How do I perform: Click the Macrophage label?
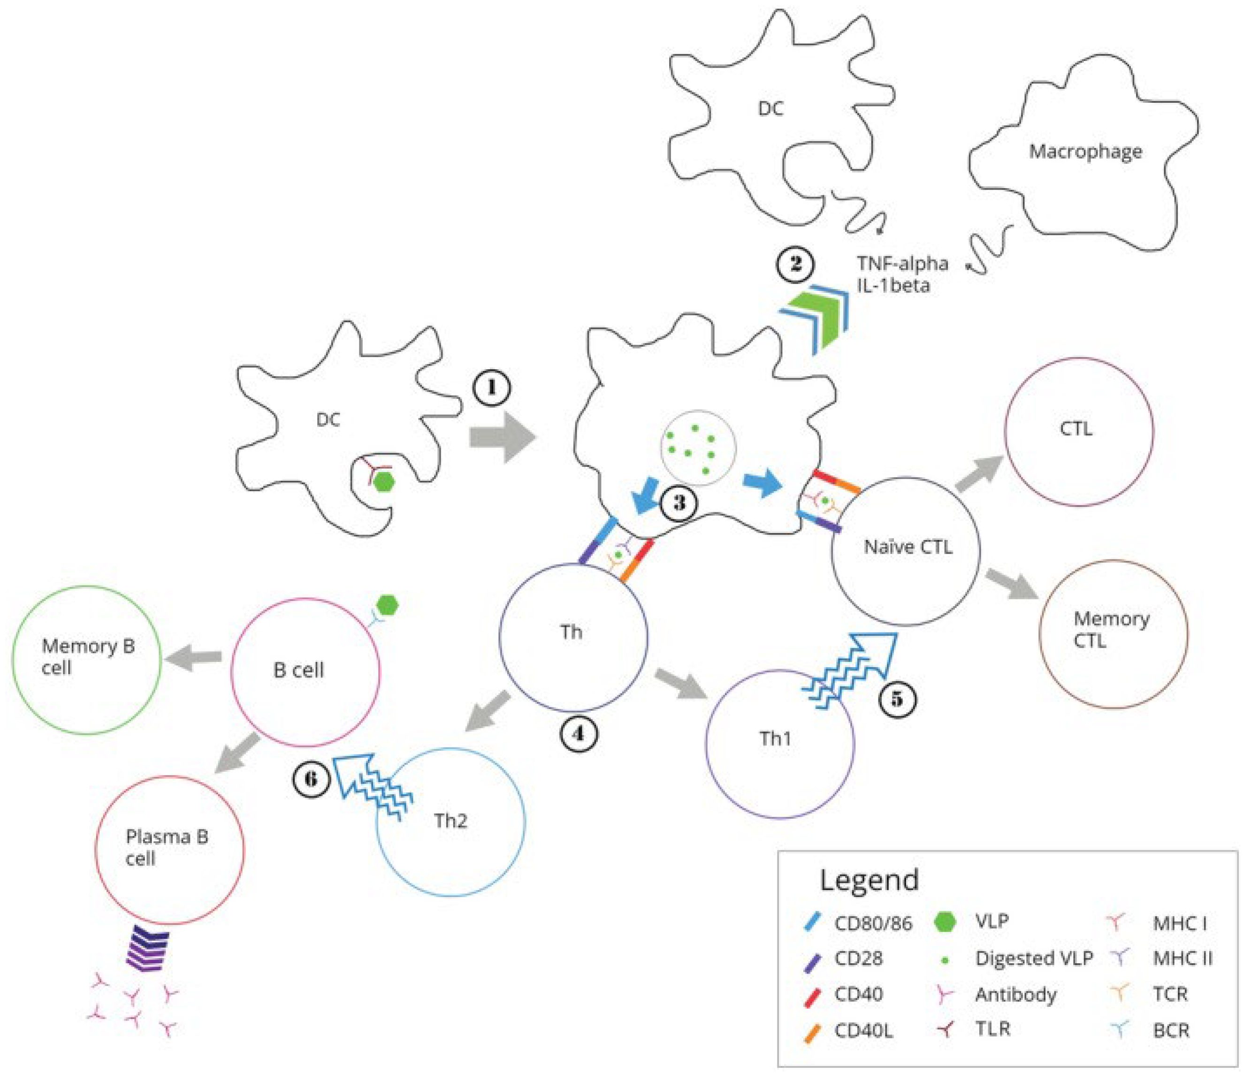click(x=1085, y=151)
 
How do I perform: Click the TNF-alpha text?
click(x=902, y=264)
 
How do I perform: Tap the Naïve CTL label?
click(x=907, y=547)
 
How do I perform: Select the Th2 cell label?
click(x=450, y=821)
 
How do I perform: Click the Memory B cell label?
click(x=88, y=657)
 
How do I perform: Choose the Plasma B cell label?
click(x=166, y=847)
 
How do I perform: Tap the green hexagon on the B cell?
click(x=387, y=605)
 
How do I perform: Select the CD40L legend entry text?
click(x=863, y=1030)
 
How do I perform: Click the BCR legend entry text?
click(x=1170, y=1030)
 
